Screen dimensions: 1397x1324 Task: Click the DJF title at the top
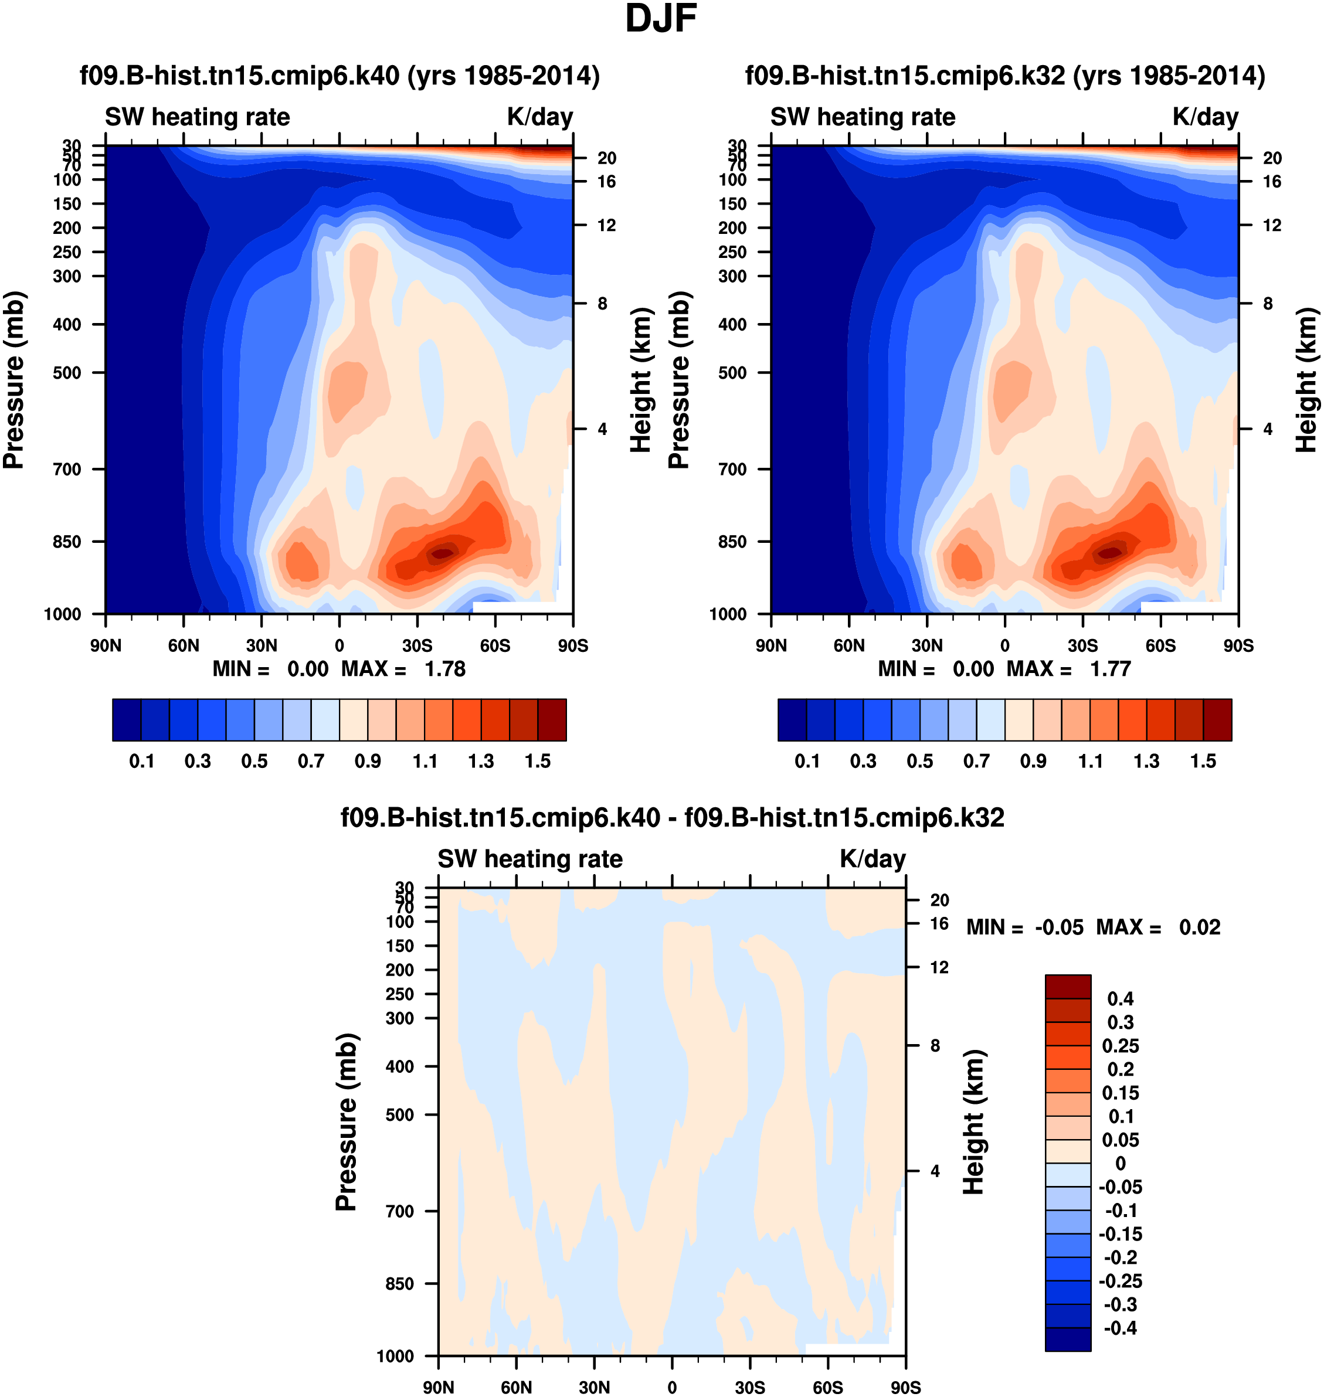point(661,19)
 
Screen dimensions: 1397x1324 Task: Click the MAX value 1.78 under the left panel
point(444,669)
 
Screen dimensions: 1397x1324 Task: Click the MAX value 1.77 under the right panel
point(1110,669)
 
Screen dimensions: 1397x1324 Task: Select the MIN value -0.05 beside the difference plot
point(1058,927)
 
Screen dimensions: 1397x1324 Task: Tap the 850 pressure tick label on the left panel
point(67,542)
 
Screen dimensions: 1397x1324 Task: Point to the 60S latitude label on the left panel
point(495,645)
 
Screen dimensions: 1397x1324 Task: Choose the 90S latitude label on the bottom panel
point(905,1387)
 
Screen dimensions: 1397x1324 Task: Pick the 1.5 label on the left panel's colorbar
point(538,762)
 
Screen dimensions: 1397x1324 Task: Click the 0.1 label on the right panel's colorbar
point(807,762)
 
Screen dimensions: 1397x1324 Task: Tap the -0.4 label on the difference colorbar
point(1121,1328)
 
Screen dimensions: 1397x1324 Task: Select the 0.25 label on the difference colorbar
point(1121,1046)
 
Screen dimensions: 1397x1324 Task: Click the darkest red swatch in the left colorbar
point(552,720)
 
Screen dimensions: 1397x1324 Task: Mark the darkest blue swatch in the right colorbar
point(792,720)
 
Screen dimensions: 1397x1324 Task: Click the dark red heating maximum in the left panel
point(442,553)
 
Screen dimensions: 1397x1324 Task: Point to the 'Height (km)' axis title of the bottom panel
point(974,1122)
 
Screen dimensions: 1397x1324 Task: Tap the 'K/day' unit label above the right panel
point(1206,117)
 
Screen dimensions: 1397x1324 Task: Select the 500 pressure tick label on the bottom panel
point(399,1115)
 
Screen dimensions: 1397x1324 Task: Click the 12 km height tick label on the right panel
point(1272,225)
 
